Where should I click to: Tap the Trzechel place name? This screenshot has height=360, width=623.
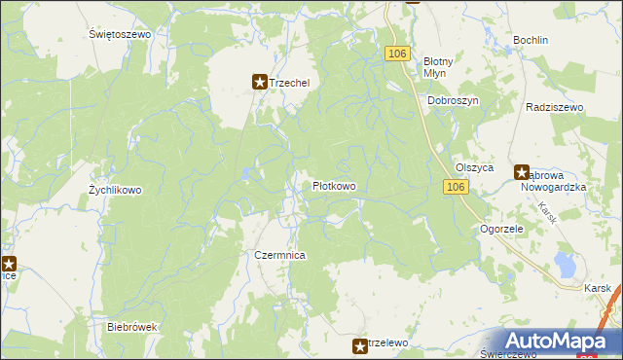click(289, 83)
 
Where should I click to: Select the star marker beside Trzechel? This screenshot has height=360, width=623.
click(260, 83)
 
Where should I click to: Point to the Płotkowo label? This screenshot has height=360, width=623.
click(333, 185)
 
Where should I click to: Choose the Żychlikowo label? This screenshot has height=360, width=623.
click(115, 190)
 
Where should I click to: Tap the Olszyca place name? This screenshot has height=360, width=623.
click(475, 167)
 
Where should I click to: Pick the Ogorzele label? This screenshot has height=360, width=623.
click(502, 229)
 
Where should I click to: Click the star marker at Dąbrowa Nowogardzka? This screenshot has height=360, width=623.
click(522, 170)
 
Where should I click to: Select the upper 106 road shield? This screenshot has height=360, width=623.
click(396, 54)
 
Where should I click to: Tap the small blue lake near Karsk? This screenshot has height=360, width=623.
click(563, 263)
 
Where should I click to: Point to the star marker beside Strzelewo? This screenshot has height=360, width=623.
click(360, 345)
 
